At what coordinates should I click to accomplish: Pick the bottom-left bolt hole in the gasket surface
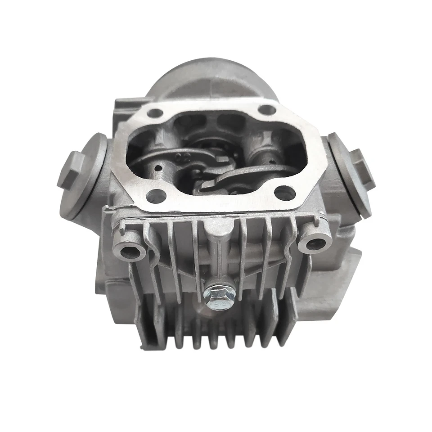[x=155, y=195]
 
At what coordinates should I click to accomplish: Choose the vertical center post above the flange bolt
[x=218, y=256]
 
